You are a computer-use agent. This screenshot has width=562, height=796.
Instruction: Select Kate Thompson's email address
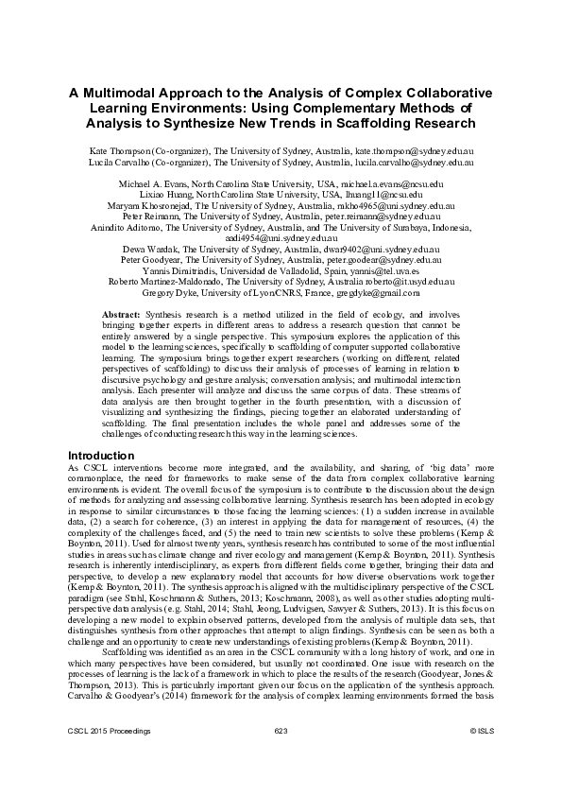click(413, 151)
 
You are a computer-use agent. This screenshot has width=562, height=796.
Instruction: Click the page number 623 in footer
click(281, 758)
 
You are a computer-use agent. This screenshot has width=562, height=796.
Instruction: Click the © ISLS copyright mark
click(482, 758)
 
